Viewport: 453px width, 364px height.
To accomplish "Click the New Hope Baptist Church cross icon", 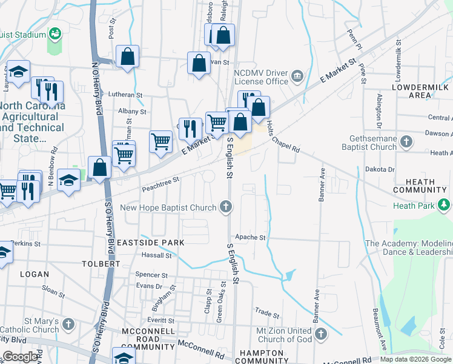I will (x=226, y=207).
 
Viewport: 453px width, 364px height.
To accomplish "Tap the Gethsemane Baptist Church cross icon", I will (x=406, y=143).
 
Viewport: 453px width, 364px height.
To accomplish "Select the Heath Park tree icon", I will (x=445, y=206).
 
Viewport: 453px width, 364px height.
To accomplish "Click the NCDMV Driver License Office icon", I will (x=297, y=76).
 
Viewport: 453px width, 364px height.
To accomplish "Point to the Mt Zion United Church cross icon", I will (x=321, y=334).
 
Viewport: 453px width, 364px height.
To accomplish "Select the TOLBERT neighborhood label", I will (x=101, y=264).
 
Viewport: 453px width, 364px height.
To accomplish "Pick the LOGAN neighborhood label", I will (x=35, y=274).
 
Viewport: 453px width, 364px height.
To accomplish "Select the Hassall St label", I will (x=157, y=255).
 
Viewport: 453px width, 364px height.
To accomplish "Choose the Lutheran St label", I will (x=125, y=95).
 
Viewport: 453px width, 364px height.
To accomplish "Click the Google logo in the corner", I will (x=21, y=357).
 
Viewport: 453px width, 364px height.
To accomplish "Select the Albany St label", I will (x=132, y=112).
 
